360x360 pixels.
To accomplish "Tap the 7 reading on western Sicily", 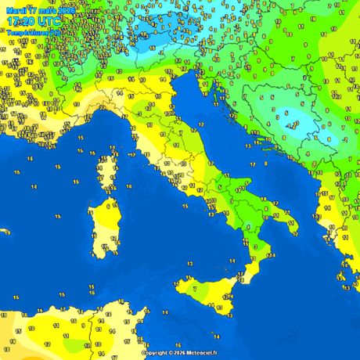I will [x=194, y=288].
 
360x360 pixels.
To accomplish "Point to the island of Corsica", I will [x=105, y=168].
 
